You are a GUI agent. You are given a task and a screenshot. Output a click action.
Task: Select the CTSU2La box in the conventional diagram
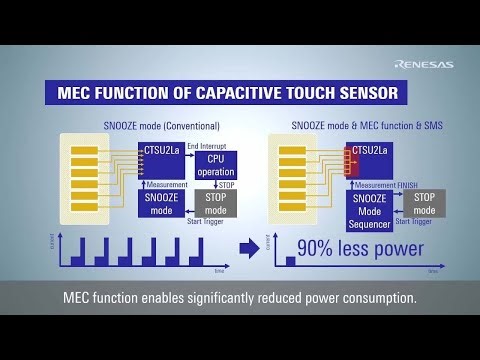pyautogui.click(x=160, y=151)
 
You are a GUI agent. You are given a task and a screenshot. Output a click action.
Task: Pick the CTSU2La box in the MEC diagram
pyautogui.click(x=370, y=151)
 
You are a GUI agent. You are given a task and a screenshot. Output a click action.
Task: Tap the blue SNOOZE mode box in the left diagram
pyautogui.click(x=159, y=204)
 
